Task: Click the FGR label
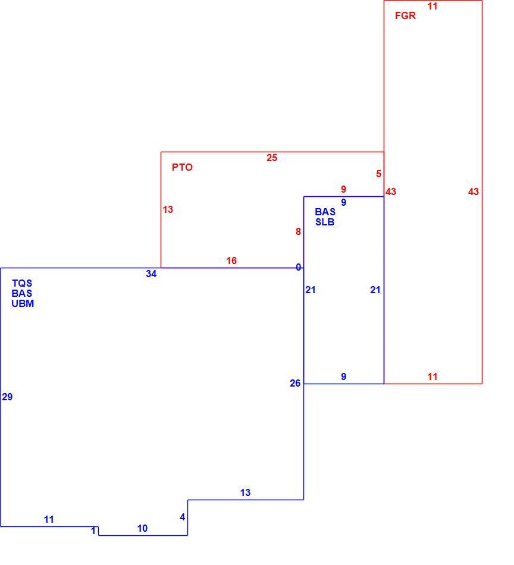[405, 15]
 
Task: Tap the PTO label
[182, 167]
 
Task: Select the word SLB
[325, 222]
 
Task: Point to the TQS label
[22, 283]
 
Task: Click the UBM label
[23, 303]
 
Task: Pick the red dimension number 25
[272, 158]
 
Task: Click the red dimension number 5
[378, 174]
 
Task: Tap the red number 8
[298, 231]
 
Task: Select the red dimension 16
[231, 260]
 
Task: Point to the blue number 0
[299, 268]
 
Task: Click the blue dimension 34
[151, 274]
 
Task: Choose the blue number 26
[295, 383]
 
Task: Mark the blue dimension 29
[7, 397]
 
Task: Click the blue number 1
[93, 531]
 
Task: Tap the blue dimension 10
[142, 528]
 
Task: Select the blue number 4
[183, 517]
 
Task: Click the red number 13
[168, 209]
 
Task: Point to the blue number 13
[245, 492]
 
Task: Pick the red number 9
[343, 189]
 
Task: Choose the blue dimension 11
[49, 519]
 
